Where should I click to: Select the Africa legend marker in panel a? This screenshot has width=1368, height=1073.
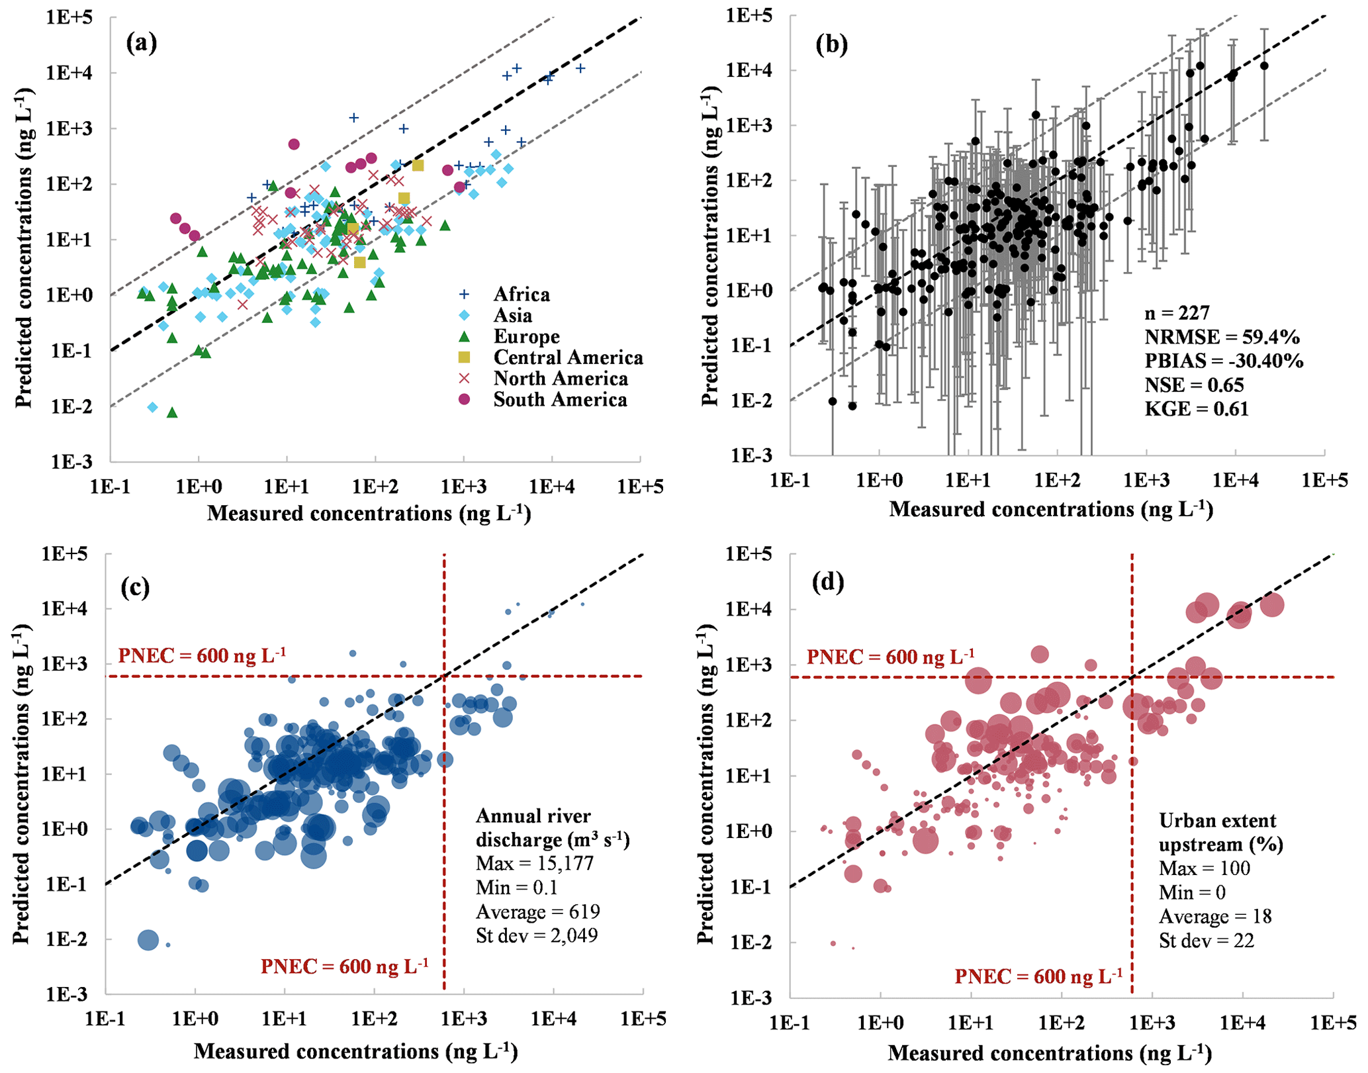point(465,294)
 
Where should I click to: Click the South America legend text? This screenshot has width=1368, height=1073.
point(560,400)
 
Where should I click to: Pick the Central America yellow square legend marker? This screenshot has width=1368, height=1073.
point(465,357)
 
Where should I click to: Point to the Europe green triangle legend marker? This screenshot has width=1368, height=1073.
point(465,336)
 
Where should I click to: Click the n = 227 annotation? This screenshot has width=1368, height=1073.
point(1177,313)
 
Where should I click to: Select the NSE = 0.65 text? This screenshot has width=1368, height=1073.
point(1194,385)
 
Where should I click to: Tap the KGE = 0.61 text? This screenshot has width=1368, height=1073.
point(1196,409)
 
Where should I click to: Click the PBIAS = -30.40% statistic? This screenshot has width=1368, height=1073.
point(1224,361)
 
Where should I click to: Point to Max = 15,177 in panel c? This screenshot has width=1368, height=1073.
point(534,863)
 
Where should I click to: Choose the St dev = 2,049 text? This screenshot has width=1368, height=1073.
point(536,935)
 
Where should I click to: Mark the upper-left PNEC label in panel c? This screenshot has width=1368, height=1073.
point(202,655)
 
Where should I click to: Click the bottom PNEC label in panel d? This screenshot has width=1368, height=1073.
point(1038,976)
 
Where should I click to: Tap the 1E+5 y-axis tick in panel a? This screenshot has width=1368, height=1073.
point(69,17)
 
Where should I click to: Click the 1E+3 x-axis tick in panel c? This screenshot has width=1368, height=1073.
point(463,1017)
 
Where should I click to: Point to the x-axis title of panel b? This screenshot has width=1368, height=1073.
point(1051,509)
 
